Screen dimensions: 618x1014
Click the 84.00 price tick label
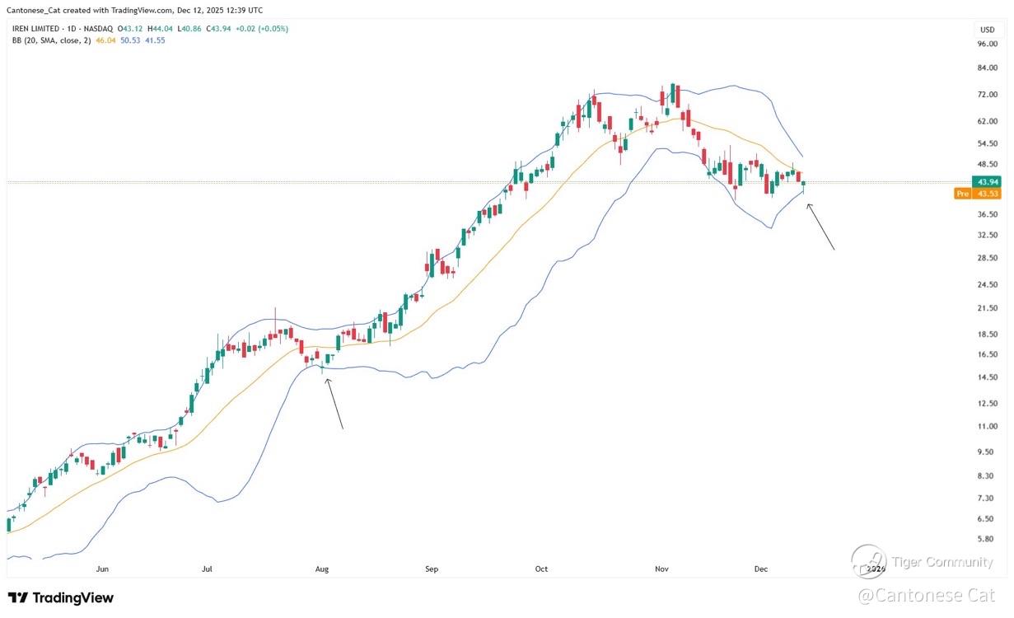click(986, 68)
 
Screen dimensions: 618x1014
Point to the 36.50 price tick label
click(986, 214)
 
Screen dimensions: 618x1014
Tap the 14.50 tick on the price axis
click(986, 377)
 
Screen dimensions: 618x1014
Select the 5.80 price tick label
click(986, 539)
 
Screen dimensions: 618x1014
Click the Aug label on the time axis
click(322, 569)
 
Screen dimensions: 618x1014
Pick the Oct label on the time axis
click(541, 569)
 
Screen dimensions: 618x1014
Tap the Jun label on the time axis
click(102, 569)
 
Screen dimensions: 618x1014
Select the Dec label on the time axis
click(760, 569)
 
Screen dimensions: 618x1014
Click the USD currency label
click(986, 30)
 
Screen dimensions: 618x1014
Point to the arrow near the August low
click(334, 404)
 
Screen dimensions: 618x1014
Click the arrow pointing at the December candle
click(820, 227)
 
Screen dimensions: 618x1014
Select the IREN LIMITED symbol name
click(41, 29)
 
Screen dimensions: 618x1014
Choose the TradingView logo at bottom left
click(61, 598)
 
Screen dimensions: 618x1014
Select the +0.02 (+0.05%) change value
click(262, 29)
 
